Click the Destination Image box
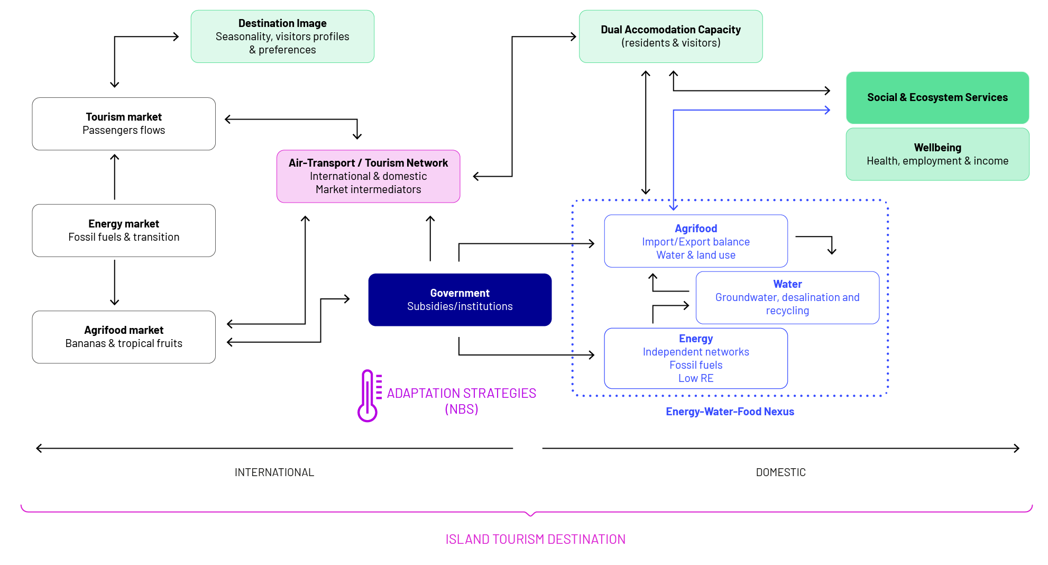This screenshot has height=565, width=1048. tap(282, 37)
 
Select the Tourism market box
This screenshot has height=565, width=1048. tap(124, 124)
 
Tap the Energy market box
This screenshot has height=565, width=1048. tap(124, 231)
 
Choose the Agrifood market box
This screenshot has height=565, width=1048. tap(124, 337)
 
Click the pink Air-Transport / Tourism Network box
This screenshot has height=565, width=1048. tap(369, 176)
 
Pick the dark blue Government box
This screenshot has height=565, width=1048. tap(460, 300)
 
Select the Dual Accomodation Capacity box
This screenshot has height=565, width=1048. tap(671, 37)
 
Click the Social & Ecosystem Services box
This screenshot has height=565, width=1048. tap(937, 98)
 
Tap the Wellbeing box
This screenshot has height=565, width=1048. tap(937, 154)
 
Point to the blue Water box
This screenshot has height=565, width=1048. tap(788, 297)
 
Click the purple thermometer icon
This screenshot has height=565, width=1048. tap(369, 396)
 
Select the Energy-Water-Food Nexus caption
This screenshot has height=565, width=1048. tap(730, 412)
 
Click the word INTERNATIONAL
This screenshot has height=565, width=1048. tap(274, 472)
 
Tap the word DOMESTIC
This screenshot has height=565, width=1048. tap(781, 472)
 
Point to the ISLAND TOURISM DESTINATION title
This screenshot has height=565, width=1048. tap(536, 539)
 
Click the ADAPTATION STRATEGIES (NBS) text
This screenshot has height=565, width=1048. tap(462, 401)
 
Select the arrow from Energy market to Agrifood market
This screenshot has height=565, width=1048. tap(115, 282)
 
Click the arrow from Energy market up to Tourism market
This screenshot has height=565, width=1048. tap(115, 177)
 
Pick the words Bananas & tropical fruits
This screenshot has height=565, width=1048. tap(124, 344)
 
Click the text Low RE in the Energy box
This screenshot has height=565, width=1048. tap(696, 378)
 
